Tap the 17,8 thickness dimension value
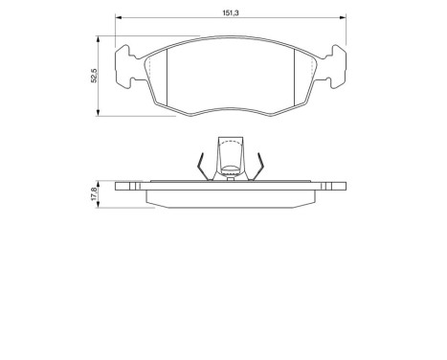pos(92,192)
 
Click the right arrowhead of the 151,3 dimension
pos(342,18)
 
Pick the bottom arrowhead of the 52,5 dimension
pos(100,115)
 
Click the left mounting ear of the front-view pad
pos(124,67)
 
